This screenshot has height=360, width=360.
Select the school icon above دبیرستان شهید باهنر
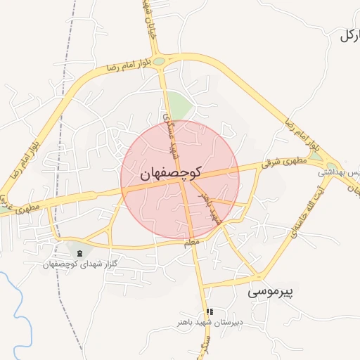209,311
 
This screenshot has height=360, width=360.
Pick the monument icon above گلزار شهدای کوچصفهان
79,252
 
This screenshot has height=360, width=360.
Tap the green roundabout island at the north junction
160,62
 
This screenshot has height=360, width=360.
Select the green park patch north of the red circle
181,107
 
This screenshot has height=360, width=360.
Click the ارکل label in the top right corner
349,35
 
